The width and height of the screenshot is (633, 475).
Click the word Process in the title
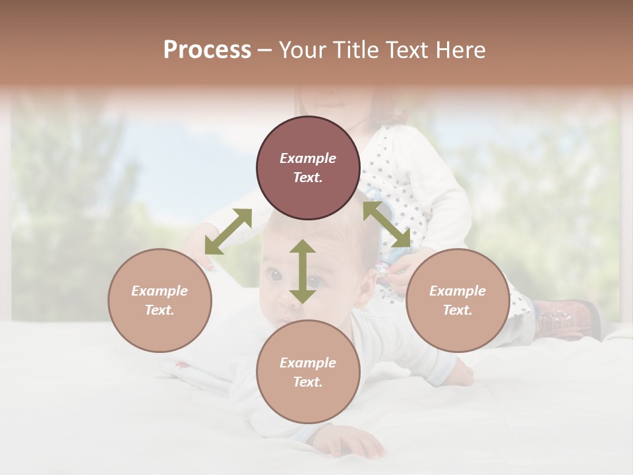pyautogui.click(x=207, y=50)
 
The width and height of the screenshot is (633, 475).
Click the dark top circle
pyautogui.click(x=308, y=168)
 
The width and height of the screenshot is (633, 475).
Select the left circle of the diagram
pyautogui.click(x=160, y=300)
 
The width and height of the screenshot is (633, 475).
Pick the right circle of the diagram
pyautogui.click(x=458, y=300)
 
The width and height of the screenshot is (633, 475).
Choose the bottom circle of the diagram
pyautogui.click(x=308, y=372)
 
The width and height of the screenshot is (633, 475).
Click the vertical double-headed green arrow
pyautogui.click(x=303, y=271)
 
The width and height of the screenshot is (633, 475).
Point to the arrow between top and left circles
pyautogui.click(x=228, y=231)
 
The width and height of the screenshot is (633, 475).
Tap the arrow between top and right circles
pyautogui.click(x=386, y=224)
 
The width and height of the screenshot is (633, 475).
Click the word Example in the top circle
pyautogui.click(x=308, y=158)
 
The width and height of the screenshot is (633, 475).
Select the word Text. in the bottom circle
pyautogui.click(x=308, y=382)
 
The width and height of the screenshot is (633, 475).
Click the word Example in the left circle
pyautogui.click(x=160, y=291)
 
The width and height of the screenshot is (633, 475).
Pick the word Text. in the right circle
pyautogui.click(x=458, y=310)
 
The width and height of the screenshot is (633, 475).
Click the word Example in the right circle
pyautogui.click(x=458, y=291)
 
